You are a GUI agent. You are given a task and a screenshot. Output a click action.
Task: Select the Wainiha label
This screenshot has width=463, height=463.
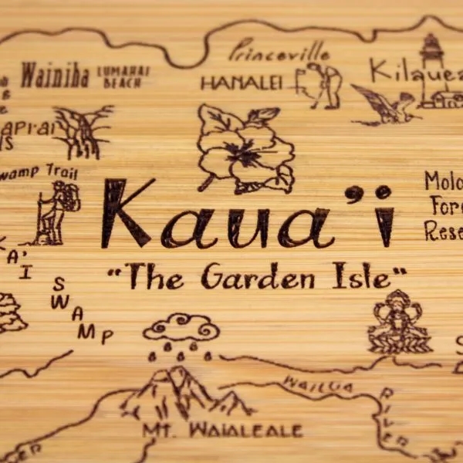pyautogui.click(x=55, y=76)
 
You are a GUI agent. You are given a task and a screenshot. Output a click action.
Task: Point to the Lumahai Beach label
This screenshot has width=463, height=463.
pyautogui.click(x=123, y=75)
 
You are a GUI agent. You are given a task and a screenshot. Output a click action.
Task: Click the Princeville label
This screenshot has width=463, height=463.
pyautogui.click(x=280, y=52)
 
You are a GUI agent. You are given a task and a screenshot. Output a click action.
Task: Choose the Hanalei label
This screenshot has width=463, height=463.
pyautogui.click(x=242, y=82)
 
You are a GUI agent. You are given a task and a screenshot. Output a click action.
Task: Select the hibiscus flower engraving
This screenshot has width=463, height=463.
pyautogui.click(x=245, y=147)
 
